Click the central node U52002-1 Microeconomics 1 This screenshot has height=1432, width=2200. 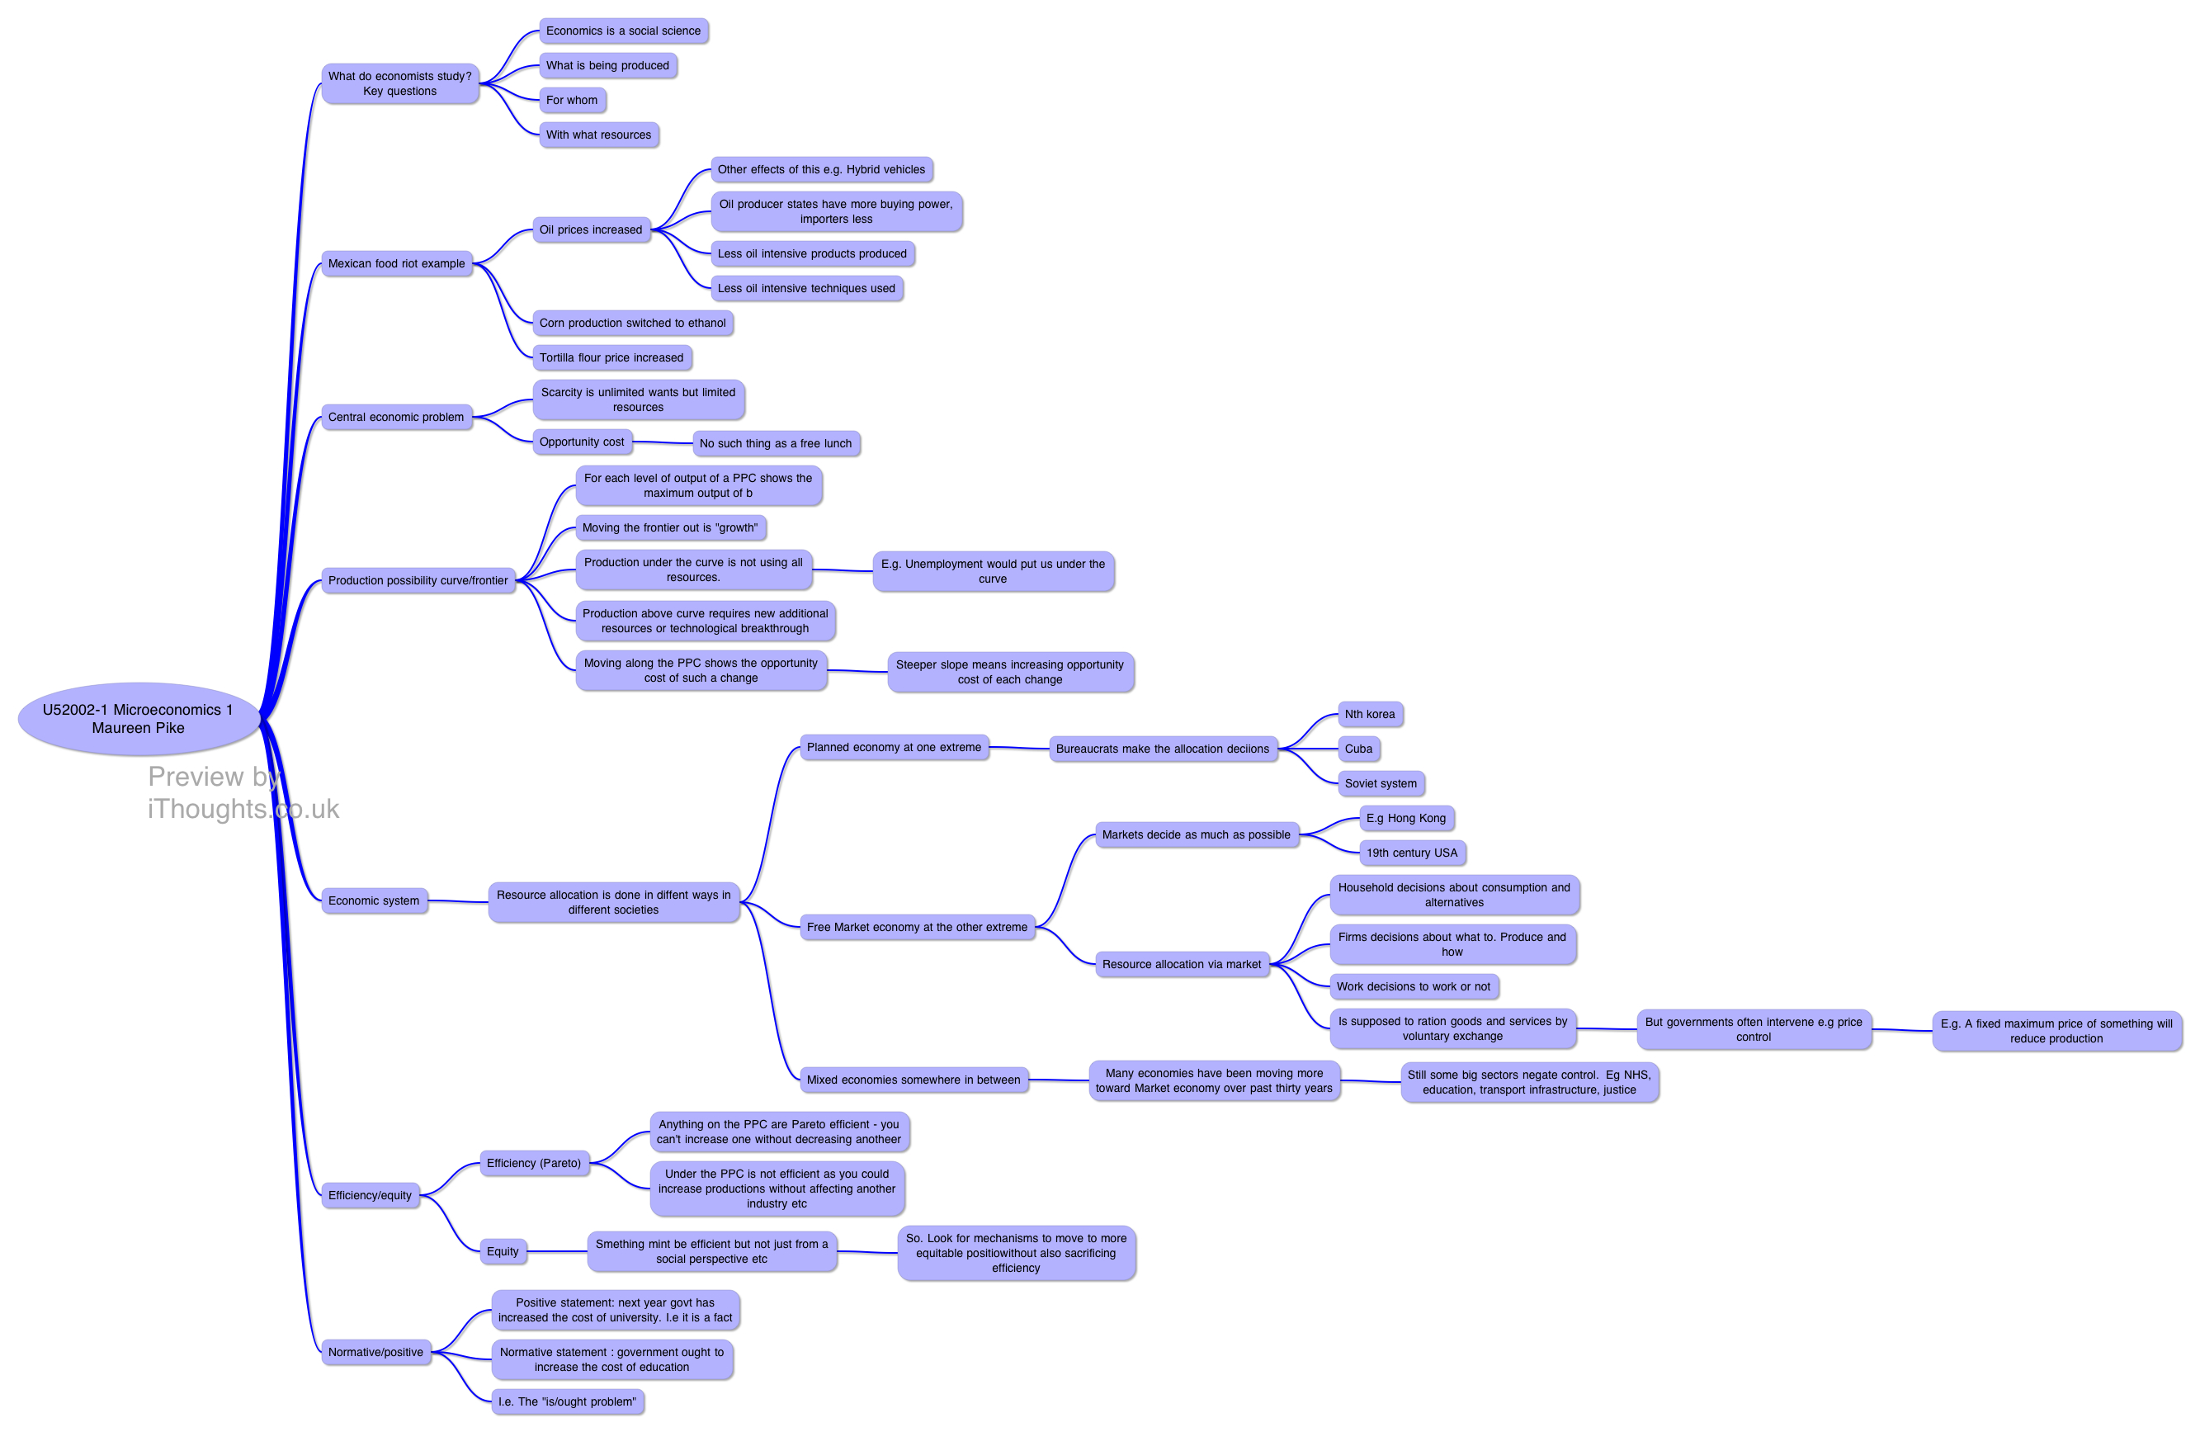tap(139, 718)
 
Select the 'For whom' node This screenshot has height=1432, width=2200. tap(572, 100)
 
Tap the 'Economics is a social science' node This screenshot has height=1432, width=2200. tap(623, 31)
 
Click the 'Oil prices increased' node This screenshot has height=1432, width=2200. tap(591, 229)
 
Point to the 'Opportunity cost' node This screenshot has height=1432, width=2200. tap(582, 442)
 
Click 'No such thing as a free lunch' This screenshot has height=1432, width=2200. tap(776, 444)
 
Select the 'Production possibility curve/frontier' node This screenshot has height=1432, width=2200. tap(418, 580)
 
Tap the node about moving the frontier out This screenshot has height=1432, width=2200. tap(670, 528)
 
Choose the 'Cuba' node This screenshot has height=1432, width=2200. tap(1358, 749)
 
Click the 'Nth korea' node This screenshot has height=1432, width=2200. tap(1370, 714)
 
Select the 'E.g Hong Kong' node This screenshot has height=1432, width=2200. tap(1406, 818)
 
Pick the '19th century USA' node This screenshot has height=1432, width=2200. tap(1411, 853)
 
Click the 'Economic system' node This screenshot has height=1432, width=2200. tap(374, 900)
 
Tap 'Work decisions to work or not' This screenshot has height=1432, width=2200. tap(1414, 986)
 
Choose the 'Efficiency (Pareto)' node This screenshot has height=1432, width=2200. tap(533, 1163)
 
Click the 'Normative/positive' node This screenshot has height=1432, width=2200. tap(375, 1352)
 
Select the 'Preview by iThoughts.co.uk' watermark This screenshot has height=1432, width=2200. tap(243, 792)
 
